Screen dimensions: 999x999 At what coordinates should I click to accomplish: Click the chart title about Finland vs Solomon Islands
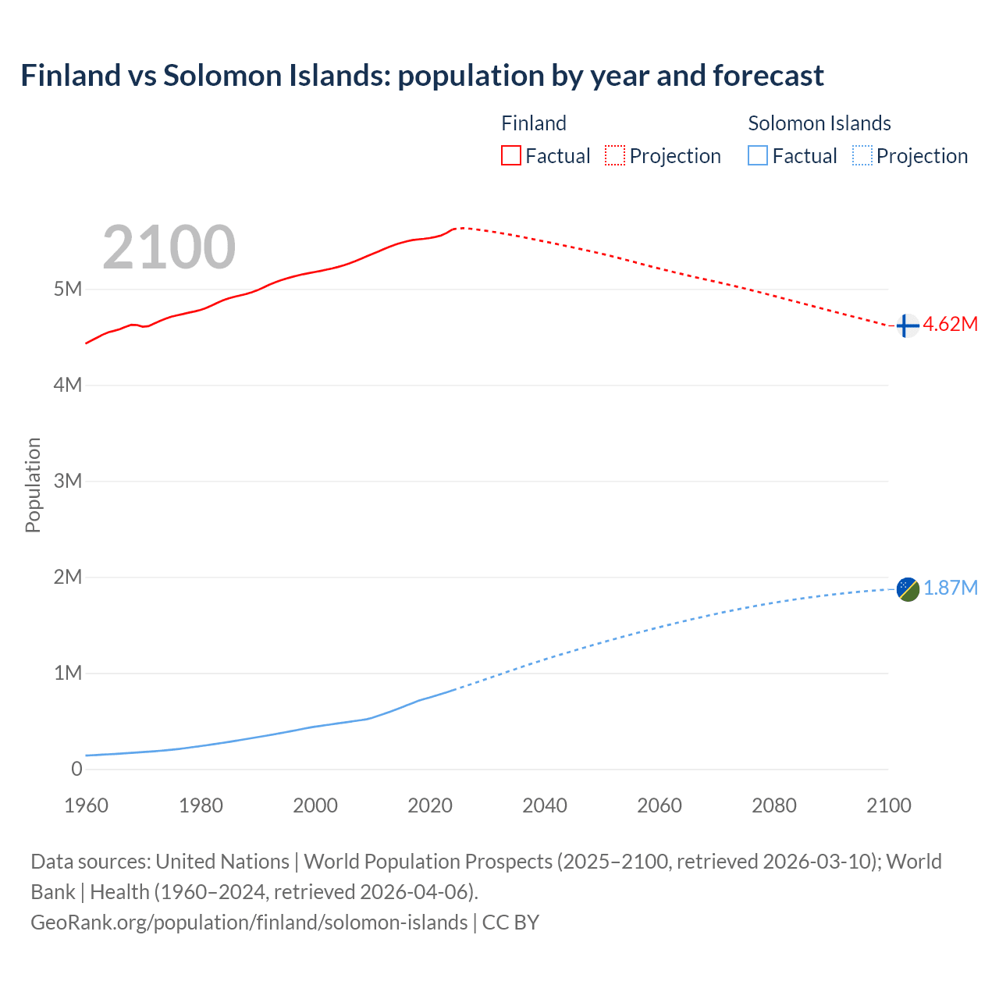422,76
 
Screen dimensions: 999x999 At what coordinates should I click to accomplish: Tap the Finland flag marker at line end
906,325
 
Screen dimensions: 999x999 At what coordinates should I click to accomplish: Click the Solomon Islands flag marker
908,589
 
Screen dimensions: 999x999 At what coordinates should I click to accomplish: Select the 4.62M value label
950,325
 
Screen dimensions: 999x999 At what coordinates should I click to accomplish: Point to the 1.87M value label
950,588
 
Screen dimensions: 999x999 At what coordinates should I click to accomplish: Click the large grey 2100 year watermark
169,247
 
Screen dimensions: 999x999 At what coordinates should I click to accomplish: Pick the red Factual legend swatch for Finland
510,156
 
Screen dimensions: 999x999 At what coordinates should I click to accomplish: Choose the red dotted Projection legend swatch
615,156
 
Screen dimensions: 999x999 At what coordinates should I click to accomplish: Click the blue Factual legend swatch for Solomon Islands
757,156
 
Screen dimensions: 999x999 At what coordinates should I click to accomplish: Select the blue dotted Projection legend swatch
862,156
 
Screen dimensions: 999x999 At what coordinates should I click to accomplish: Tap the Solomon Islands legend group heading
819,123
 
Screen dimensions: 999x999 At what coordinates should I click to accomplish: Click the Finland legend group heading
533,123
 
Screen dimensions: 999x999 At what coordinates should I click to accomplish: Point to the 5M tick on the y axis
68,290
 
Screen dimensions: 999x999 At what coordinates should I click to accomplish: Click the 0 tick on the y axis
76,769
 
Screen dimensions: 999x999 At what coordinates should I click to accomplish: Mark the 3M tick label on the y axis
68,481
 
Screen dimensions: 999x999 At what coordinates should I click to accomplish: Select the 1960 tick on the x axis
86,805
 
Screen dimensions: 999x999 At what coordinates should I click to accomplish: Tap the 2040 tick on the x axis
545,805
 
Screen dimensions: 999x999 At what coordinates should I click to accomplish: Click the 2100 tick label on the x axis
888,805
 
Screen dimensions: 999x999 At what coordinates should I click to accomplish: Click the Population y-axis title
33,485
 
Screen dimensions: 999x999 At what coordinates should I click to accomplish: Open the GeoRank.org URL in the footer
249,923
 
